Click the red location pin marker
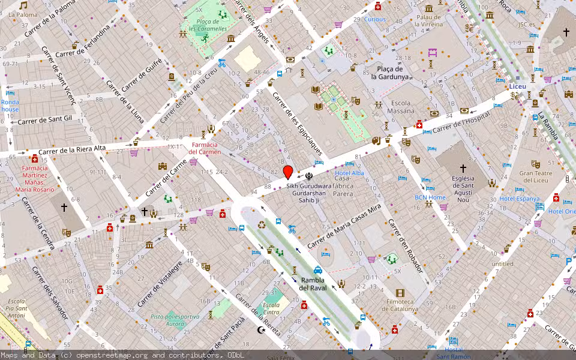pyautogui.click(x=288, y=172)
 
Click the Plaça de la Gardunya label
pyautogui.click(x=389, y=73)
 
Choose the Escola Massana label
pyautogui.click(x=401, y=107)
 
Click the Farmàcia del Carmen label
pyautogui.click(x=205, y=148)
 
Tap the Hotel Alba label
pyautogui.click(x=349, y=173)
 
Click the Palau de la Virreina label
pyautogui.click(x=428, y=20)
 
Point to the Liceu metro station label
pyautogui.click(x=517, y=86)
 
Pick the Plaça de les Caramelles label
pyautogui.click(x=208, y=25)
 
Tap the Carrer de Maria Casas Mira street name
pyautogui.click(x=344, y=226)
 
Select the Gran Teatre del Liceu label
pyautogui.click(x=534, y=176)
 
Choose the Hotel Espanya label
pyautogui.click(x=520, y=199)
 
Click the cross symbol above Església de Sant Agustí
pyautogui.click(x=463, y=170)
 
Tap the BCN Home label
pyautogui.click(x=430, y=197)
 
